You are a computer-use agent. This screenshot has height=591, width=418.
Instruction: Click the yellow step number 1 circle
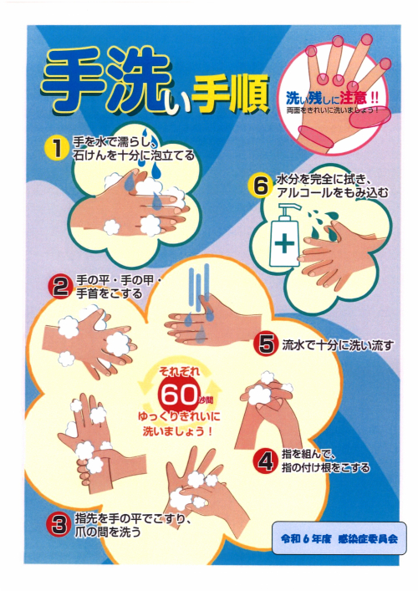pos(57,148)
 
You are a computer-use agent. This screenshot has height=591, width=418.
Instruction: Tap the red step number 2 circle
pos(59,288)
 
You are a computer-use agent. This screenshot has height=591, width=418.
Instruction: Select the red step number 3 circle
pos(59,525)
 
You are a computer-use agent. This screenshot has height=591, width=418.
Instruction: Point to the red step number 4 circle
pos(267,461)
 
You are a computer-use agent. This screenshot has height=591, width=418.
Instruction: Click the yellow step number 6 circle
pos(261,186)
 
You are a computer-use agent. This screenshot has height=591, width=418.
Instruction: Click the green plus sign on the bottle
pos(284,242)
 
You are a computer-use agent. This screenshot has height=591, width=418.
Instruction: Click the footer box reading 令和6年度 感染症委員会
pos(339,538)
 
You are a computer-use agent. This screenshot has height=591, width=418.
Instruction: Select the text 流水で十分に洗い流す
pos(338,344)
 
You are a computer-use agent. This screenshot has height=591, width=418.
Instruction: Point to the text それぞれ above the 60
pos(179,371)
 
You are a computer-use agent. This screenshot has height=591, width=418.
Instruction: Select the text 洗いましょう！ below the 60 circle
pos(177,431)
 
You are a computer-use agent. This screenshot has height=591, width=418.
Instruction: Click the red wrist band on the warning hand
pos(315,137)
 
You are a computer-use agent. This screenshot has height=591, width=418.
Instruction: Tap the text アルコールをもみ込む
pos(332,193)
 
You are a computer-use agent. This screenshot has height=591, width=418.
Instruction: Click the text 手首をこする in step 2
pos(110,293)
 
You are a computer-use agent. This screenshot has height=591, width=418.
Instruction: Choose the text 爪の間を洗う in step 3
pos(108,532)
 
